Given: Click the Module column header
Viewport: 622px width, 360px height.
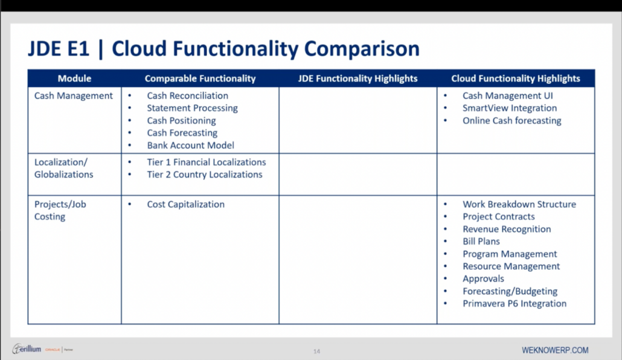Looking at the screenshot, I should pyautogui.click(x=74, y=79).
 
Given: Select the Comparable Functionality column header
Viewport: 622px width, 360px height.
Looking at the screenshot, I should pyautogui.click(x=200, y=79).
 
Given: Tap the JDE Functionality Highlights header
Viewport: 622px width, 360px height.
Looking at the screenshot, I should pyautogui.click(x=357, y=79).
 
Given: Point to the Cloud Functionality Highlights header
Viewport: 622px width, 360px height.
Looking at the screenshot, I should pyautogui.click(x=515, y=79).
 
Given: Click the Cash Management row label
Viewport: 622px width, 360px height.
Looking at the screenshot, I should pyautogui.click(x=74, y=95).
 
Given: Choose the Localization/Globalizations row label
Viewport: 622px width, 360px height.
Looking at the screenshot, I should pyautogui.click(x=64, y=169).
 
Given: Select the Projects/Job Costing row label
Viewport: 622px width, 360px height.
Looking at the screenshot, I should pyautogui.click(x=60, y=210).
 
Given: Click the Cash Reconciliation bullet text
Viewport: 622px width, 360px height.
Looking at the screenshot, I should pyautogui.click(x=187, y=95).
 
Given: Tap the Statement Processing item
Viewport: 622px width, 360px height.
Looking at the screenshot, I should pyautogui.click(x=192, y=108).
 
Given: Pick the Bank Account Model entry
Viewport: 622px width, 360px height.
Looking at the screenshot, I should pyautogui.click(x=190, y=145).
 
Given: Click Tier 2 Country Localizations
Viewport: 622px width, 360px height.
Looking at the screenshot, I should pyautogui.click(x=204, y=175).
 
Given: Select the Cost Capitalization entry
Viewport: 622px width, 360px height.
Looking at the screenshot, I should pyautogui.click(x=185, y=204).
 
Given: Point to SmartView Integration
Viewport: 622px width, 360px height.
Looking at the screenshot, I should pyautogui.click(x=509, y=108).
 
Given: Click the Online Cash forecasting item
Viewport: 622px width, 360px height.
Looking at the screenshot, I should pyautogui.click(x=511, y=120).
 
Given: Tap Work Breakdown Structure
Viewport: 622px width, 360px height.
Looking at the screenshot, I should pyautogui.click(x=519, y=204).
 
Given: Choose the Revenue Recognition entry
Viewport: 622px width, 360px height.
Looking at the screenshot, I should pyautogui.click(x=506, y=229).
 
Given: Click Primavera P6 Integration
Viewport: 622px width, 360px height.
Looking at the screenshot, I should pyautogui.click(x=514, y=303).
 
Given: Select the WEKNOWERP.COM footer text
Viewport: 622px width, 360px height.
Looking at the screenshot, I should pyautogui.click(x=555, y=350).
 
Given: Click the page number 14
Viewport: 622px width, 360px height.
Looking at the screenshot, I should pyautogui.click(x=316, y=351).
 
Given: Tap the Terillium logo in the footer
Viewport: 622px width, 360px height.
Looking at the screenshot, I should pyautogui.click(x=27, y=349).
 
